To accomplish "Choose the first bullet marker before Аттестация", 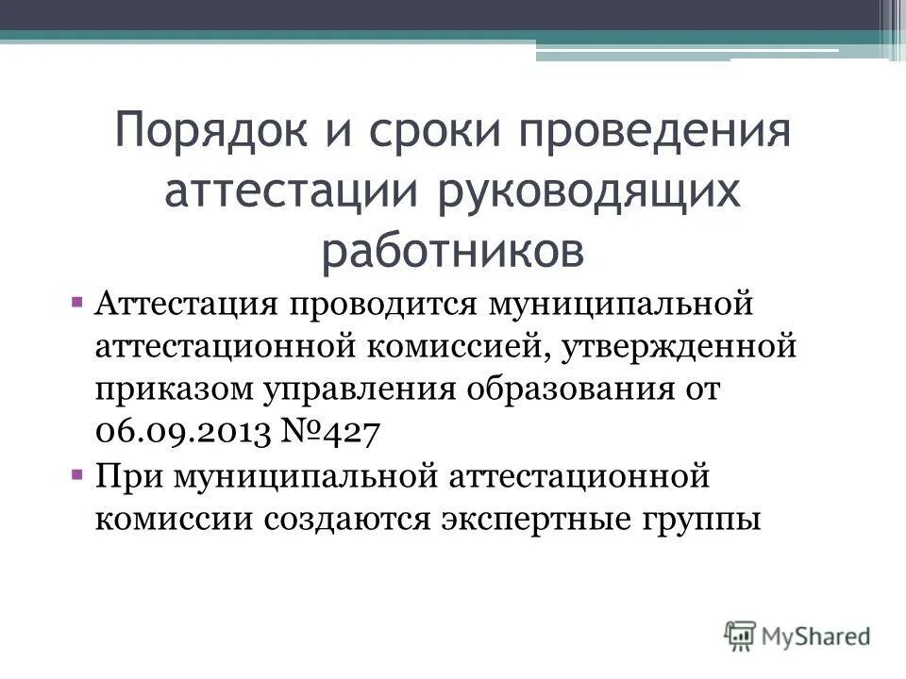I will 75,304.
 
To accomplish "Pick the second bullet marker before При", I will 75,474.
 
